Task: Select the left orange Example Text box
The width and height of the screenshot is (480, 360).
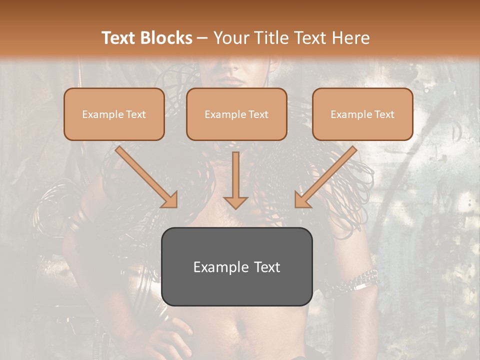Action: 114,114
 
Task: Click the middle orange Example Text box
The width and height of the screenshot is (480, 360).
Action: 236,114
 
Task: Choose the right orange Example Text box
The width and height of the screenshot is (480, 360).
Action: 362,114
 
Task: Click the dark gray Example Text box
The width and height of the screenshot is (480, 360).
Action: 236,266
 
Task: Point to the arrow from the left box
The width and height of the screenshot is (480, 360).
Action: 145,176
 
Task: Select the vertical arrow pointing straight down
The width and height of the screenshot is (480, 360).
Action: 235,177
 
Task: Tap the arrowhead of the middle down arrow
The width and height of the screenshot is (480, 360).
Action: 235,201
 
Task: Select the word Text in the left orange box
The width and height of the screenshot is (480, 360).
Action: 135,114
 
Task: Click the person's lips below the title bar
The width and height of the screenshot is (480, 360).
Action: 231,80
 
